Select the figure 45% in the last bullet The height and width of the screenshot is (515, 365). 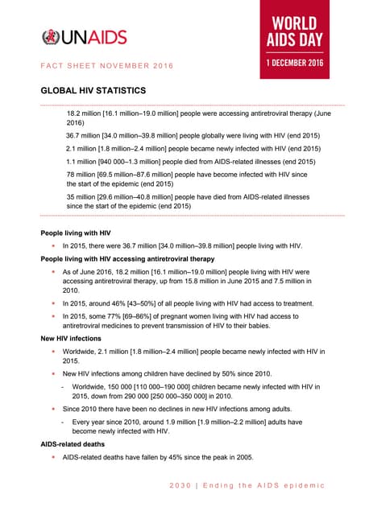tap(177, 458)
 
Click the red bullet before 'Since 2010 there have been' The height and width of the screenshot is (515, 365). tap(53, 410)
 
